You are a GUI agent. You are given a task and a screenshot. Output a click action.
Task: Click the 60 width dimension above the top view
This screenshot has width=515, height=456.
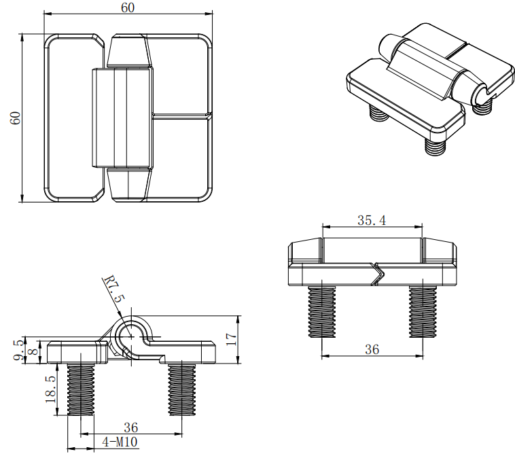pos(128,7)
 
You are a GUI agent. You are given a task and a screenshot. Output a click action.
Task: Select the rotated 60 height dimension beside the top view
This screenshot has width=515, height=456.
pos(16,118)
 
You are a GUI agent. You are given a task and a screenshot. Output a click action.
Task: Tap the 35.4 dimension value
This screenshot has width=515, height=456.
pos(372,220)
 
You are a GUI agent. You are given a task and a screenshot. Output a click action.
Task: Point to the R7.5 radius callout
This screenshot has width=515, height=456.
pos(114,290)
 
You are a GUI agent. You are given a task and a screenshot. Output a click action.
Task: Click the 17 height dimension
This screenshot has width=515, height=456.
pos(231,339)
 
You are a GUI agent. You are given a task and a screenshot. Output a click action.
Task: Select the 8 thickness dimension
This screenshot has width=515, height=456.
pos(33,352)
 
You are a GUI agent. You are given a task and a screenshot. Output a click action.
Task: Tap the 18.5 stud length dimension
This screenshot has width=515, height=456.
pos(50,389)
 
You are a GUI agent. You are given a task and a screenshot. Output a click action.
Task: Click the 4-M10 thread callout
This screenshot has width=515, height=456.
pos(120,442)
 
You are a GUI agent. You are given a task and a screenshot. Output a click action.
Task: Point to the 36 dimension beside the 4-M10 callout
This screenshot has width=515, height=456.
pos(130,427)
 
